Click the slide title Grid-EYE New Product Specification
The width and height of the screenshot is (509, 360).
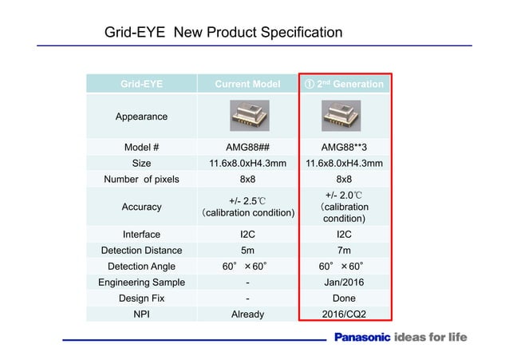click(x=224, y=33)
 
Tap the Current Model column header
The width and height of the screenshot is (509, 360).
click(x=247, y=84)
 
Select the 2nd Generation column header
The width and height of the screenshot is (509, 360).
click(x=344, y=84)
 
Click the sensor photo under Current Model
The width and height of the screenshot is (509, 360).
click(x=247, y=116)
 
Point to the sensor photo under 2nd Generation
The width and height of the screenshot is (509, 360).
click(x=344, y=116)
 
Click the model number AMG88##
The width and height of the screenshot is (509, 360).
click(x=247, y=148)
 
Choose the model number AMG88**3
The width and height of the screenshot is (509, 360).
click(x=344, y=148)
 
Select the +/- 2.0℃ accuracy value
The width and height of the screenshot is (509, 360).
click(x=344, y=195)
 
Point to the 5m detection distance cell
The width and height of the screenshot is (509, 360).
click(x=247, y=250)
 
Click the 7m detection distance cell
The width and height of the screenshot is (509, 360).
click(x=344, y=250)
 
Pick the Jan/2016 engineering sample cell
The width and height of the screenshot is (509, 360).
click(x=344, y=282)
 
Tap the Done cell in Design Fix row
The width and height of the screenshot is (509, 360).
click(x=344, y=298)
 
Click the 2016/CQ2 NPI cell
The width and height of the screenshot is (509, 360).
click(x=344, y=314)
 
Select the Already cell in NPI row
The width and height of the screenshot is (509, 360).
click(x=247, y=314)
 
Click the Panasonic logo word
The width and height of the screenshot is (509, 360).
click(x=361, y=338)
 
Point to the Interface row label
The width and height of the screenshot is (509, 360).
click(x=141, y=235)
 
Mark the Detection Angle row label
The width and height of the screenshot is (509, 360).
click(x=141, y=266)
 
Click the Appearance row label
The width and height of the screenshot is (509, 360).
click(x=141, y=117)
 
